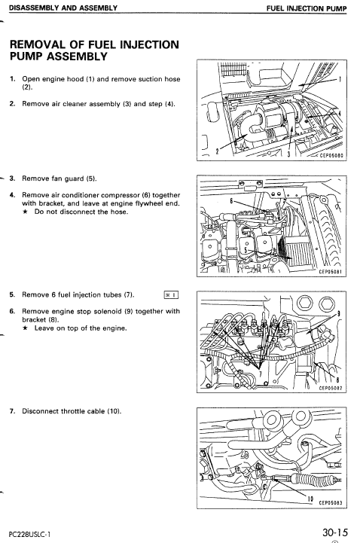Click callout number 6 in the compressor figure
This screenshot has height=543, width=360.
[x=230, y=201]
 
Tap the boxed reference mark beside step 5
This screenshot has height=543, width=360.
[x=169, y=295]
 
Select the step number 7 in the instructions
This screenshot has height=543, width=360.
[x=11, y=411]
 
